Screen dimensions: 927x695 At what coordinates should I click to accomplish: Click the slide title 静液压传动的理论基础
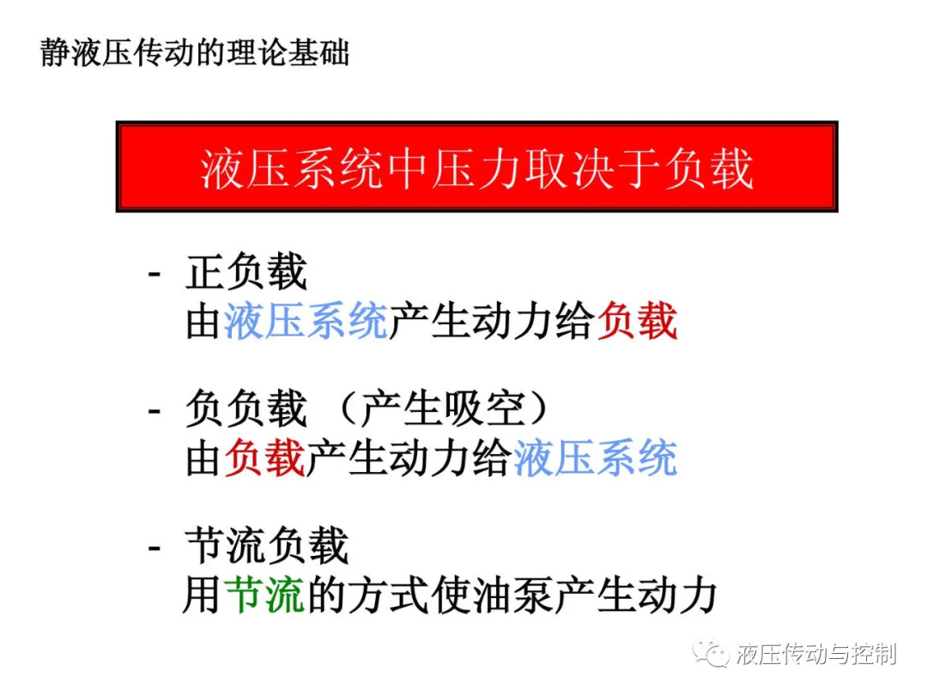[x=195, y=53]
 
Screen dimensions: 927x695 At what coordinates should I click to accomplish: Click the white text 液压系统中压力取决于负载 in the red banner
[x=477, y=169]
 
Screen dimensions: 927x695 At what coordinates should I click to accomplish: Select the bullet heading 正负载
[x=246, y=273]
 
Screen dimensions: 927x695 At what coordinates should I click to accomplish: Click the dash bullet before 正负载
[x=154, y=275]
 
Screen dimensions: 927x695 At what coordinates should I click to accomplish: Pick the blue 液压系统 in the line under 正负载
[x=306, y=321]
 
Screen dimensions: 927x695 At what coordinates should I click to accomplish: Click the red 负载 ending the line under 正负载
[x=637, y=321]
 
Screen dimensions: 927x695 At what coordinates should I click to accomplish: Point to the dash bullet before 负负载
[x=154, y=411]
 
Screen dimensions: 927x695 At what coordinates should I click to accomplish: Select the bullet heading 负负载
[x=246, y=408]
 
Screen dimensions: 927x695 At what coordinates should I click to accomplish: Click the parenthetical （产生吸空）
[x=444, y=408]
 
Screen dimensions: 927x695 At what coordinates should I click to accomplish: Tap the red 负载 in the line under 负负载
[x=265, y=458]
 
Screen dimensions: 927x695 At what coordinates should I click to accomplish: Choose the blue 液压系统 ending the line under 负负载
[x=596, y=458]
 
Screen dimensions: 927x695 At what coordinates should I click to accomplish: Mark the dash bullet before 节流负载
[x=154, y=547]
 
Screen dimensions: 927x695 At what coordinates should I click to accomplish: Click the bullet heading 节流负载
[x=267, y=546]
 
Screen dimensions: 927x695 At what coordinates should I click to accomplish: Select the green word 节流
[x=265, y=595]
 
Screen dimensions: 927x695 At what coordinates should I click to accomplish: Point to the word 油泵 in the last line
[x=512, y=595]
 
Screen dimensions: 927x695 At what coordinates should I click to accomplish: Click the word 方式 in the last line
[x=389, y=595]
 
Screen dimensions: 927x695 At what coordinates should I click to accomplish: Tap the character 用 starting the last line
[x=203, y=595]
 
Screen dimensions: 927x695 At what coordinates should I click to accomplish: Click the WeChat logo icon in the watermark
[x=712, y=653]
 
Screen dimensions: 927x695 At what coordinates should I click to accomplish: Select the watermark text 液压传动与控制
[x=816, y=654]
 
